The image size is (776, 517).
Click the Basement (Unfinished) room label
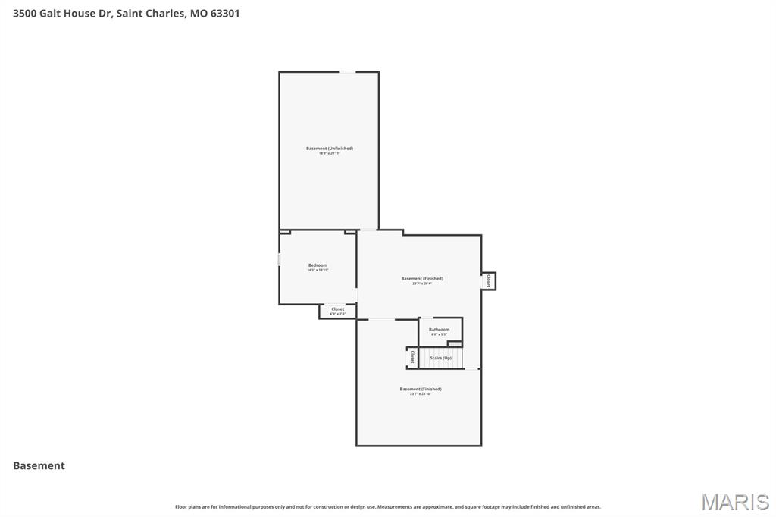pos(329,149)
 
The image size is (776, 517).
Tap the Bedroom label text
pos(318,265)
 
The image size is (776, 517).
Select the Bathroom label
pos(439,330)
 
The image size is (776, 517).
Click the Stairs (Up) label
pos(441,358)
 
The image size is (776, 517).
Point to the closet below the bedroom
pos(337,311)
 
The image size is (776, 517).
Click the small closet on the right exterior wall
pos(489,280)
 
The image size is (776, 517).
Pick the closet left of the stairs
pos(412,357)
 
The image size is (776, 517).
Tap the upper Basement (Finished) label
pos(422,279)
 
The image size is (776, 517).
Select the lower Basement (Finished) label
pos(421,390)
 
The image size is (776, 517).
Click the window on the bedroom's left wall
pos(279,259)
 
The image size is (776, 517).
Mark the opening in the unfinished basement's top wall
pos(347,72)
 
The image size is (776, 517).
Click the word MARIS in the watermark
pos(734,502)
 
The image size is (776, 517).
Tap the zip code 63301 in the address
pos(225,13)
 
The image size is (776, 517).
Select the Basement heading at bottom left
pos(39,466)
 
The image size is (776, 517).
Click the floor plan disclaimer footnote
pos(387,506)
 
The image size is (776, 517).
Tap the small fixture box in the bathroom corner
pos(454,344)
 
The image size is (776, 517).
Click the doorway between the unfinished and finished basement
pos(368,230)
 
